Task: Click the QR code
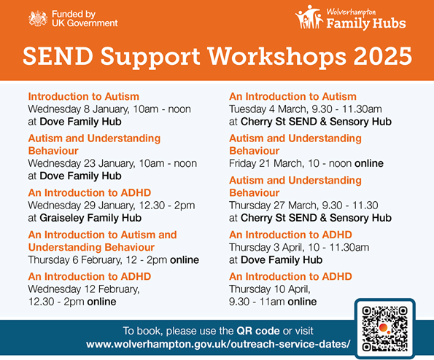tap(384, 329)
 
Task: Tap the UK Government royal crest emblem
tap(38, 18)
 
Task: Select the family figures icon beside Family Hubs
tap(309, 17)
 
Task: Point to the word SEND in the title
tap(58, 56)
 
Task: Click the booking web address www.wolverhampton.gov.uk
tap(218, 344)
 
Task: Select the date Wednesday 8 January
tap(78, 109)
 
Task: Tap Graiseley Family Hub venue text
tap(90, 218)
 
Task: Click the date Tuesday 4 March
tap(268, 109)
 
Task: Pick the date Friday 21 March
tap(265, 163)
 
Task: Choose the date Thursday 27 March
tap(273, 206)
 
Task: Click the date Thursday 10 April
tap(270, 289)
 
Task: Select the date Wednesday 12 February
tap(84, 289)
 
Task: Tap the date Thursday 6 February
tap(74, 260)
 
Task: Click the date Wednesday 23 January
tap(82, 163)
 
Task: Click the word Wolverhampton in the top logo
tap(351, 12)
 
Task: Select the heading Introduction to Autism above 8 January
tap(84, 96)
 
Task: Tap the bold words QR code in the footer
tap(258, 331)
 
